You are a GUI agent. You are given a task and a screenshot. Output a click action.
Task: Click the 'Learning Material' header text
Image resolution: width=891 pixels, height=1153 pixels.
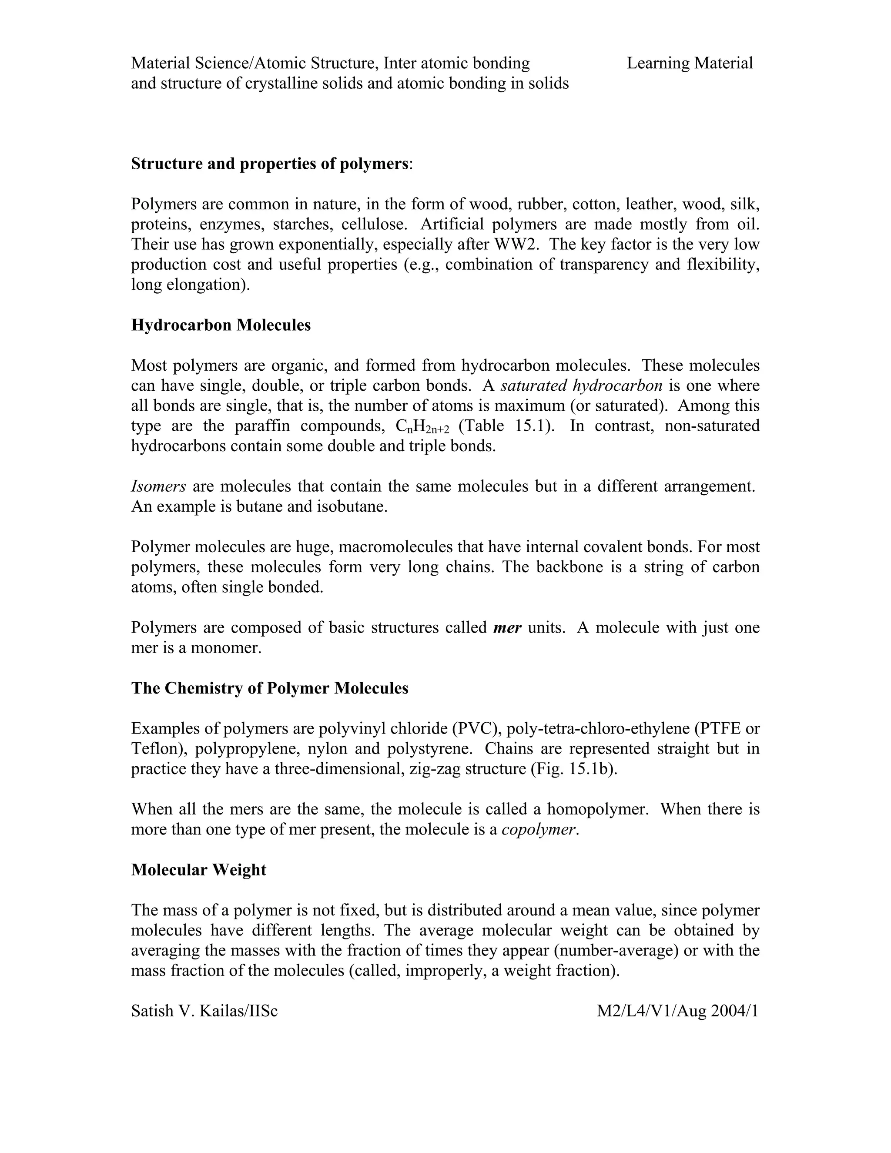coord(690,64)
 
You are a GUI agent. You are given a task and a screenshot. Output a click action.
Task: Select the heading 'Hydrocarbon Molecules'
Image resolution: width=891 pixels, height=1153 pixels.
coord(221,325)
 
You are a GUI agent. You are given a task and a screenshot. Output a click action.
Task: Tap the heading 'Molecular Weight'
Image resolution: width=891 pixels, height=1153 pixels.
coord(198,869)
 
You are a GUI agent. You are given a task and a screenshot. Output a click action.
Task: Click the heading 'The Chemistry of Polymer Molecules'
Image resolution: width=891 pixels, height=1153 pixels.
coord(269,688)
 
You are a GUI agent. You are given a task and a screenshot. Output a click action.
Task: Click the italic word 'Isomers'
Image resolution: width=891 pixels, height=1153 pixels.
coord(158,486)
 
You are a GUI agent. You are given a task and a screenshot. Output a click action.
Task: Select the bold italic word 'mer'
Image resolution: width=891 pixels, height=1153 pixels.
coord(507,628)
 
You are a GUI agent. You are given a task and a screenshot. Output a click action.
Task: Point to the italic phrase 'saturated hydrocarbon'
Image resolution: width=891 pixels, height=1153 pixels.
coord(581,385)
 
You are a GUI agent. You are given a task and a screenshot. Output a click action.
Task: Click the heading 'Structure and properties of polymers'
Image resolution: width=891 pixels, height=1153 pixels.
coord(269,164)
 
